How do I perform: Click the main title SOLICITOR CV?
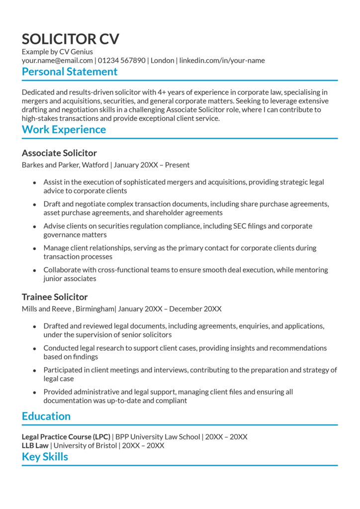(70, 39)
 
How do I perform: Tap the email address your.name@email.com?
(57, 61)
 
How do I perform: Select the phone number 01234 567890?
(122, 61)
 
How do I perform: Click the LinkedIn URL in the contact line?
(222, 61)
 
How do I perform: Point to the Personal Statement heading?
(70, 72)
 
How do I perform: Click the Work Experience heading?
(64, 130)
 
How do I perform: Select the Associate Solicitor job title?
(59, 153)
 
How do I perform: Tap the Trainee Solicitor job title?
(55, 297)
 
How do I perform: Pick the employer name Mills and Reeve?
(47, 309)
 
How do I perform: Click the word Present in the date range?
(177, 165)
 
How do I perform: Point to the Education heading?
(46, 417)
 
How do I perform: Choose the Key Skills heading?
(45, 457)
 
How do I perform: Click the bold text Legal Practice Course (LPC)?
(66, 437)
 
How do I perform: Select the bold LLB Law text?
(35, 446)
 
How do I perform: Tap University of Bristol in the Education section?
(86, 446)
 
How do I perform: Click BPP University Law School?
(158, 437)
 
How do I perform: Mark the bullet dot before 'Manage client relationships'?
(34, 249)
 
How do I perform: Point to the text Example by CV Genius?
(57, 52)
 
